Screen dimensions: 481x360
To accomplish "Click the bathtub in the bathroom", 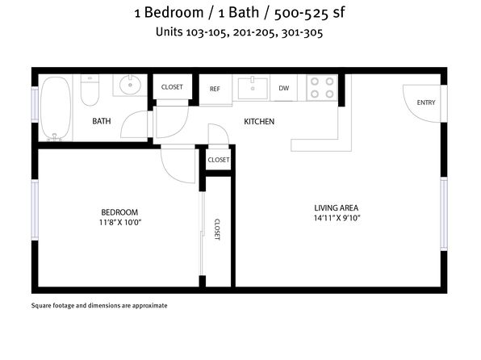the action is point(56,108).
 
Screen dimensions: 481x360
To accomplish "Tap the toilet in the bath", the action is point(90,90).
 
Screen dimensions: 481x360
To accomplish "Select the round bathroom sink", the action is point(130,85).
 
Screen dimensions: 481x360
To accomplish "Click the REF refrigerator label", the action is point(215,89).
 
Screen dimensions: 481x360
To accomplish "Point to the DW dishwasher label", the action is point(284,88).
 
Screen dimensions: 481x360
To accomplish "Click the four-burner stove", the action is point(322,87).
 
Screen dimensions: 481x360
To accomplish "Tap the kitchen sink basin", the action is point(253,89).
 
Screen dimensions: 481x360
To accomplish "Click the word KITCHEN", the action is point(259,122).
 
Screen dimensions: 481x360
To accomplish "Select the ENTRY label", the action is point(426,103).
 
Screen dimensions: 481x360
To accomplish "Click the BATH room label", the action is point(102,121).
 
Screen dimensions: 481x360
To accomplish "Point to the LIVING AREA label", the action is point(337,208).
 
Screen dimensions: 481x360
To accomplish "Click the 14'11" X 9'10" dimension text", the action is point(337,218).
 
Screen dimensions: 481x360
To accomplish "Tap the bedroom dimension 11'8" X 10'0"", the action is point(120,222).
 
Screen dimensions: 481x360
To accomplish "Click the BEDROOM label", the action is point(119,212).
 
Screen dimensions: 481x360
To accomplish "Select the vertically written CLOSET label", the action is point(217,229).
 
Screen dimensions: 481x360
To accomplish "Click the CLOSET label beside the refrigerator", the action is point(172,87).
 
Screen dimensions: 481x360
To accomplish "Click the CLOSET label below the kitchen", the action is point(219,160).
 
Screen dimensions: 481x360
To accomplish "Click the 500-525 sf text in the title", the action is point(309,13).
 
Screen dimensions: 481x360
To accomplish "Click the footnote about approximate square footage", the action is point(99,306).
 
